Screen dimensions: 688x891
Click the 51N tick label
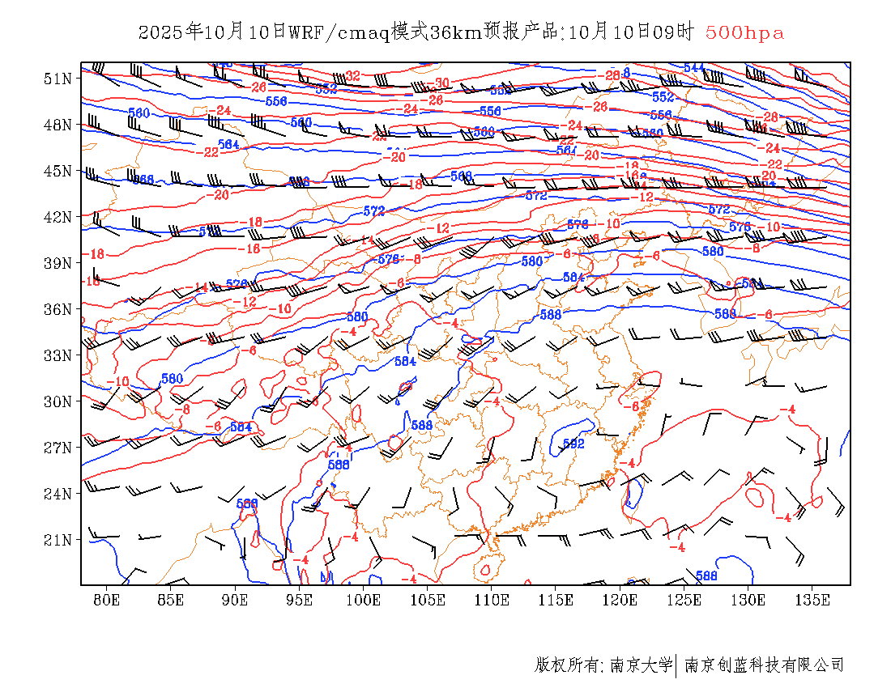coord(57,79)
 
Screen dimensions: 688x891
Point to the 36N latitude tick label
coord(57,309)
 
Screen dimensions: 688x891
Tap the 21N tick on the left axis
coord(57,540)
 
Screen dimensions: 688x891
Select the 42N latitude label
coord(57,217)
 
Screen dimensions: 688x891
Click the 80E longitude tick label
coord(107,600)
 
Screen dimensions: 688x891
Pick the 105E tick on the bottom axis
coord(428,600)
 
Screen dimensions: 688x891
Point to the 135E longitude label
coord(812,600)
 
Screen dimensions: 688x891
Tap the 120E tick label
coord(620,600)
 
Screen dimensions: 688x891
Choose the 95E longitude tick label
coord(299,600)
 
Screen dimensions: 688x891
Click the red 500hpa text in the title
coord(744,33)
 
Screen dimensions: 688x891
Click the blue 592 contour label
coord(573,443)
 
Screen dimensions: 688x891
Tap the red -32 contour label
coord(352,75)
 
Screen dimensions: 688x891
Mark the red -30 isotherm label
coord(441,83)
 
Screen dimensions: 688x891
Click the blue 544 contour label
coord(694,67)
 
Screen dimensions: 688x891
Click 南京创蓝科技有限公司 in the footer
coord(765,665)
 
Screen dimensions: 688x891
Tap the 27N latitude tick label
coord(57,448)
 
